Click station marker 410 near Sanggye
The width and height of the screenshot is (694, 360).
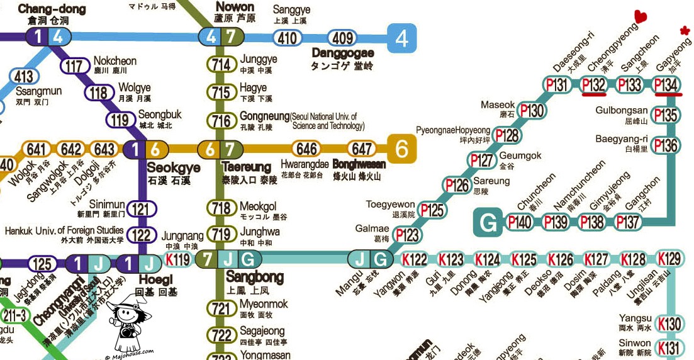287,38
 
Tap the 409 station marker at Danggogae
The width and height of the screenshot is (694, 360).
342,38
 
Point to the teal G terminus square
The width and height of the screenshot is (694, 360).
488,222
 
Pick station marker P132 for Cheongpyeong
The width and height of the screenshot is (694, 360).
594,85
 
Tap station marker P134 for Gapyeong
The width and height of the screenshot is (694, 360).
667,85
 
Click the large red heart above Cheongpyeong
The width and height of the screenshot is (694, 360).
641,16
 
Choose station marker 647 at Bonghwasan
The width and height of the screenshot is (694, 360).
362,149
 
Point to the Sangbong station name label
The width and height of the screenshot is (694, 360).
254,276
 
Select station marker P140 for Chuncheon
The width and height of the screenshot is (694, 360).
520,222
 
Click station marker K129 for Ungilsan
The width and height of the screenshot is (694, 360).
669,259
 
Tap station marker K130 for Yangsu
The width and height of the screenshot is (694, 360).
669,324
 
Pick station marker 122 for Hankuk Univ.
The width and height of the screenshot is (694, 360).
143,235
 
